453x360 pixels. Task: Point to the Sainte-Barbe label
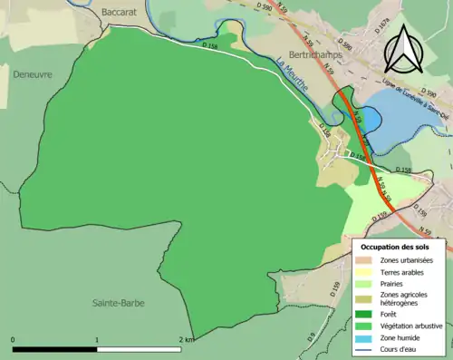coord(120,302)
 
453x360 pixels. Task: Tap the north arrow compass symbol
coord(404,50)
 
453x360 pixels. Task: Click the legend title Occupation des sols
coord(401,246)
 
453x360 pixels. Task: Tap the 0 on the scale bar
coord(14,339)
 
